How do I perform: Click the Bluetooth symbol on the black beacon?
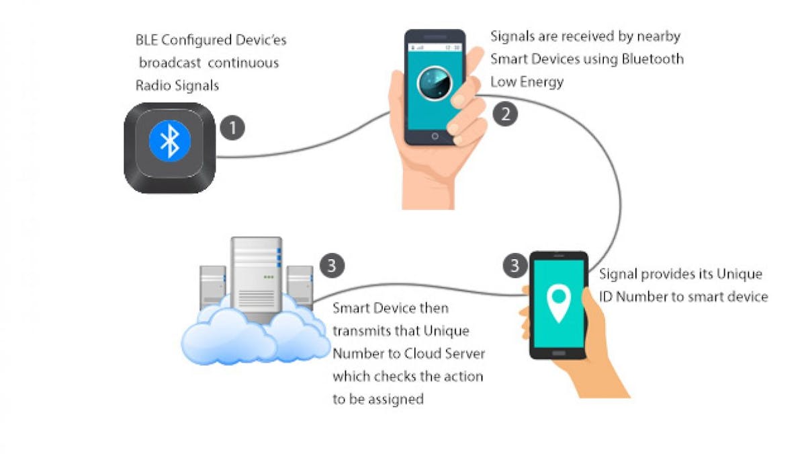click(x=170, y=141)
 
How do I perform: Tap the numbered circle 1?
click(x=232, y=128)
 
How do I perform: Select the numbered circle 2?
click(x=505, y=113)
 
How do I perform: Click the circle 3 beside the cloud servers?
click(x=331, y=265)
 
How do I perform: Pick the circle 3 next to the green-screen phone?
click(x=515, y=265)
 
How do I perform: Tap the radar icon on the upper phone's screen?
click(x=434, y=82)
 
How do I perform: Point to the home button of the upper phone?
click(x=434, y=136)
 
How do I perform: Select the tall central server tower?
click(x=257, y=276)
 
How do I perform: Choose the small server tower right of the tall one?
click(x=300, y=282)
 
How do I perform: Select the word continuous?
click(x=243, y=63)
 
